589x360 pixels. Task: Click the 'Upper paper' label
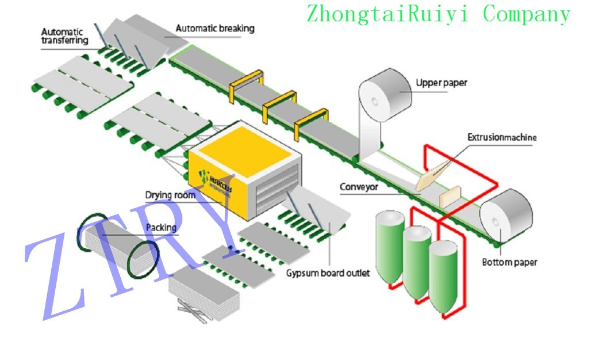tap(441, 83)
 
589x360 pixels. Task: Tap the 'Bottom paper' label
tap(509, 263)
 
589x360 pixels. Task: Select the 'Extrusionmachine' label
tap(502, 137)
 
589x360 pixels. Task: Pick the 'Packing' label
tap(161, 228)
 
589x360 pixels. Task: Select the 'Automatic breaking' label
tap(215, 28)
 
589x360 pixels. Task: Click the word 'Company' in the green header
tap(526, 13)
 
